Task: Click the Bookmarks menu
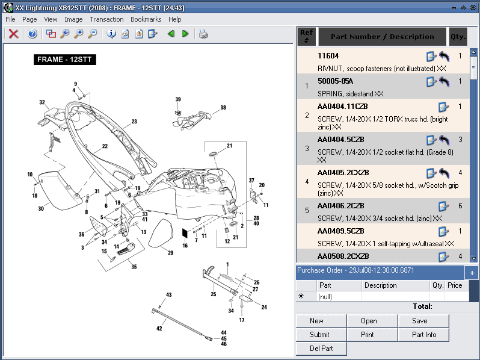(146, 19)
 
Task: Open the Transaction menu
(106, 19)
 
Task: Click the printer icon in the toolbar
(203, 34)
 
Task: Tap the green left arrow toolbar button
(171, 34)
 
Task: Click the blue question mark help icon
(32, 34)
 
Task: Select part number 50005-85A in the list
(335, 81)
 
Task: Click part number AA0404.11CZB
(342, 107)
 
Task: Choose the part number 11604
(328, 56)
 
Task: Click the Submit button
(319, 335)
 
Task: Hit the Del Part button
(321, 349)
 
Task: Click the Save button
(419, 321)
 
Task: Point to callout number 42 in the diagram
(159, 329)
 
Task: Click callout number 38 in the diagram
(223, 108)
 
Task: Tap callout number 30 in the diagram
(41, 209)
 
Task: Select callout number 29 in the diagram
(170, 253)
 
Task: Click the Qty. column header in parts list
(458, 37)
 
